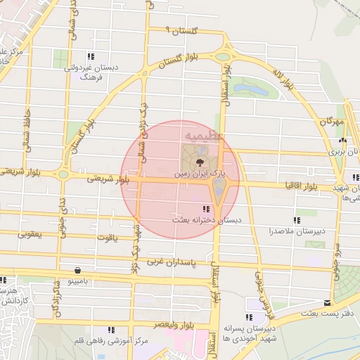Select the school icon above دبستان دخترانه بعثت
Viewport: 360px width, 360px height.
pos(205,209)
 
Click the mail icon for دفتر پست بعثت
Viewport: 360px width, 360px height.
pos(326,303)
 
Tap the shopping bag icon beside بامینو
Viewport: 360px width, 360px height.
pos(77,270)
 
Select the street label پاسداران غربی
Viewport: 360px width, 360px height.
pos(173,262)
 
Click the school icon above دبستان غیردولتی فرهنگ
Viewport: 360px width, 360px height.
pos(91,57)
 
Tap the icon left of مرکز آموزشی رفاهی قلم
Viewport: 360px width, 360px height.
pos(111,329)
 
